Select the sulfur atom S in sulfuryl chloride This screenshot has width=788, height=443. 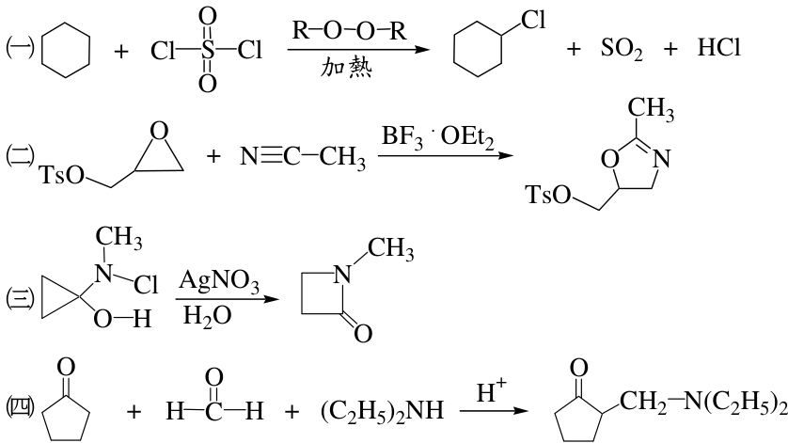point(207,50)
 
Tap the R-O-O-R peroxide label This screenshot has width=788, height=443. point(349,31)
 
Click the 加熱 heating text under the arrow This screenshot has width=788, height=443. point(347,68)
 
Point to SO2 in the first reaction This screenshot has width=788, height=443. point(622,49)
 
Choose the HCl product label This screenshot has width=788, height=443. point(718,48)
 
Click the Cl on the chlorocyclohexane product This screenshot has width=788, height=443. point(533,21)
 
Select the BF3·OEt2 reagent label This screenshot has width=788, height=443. point(437,136)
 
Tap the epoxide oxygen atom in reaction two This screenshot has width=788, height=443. point(159,132)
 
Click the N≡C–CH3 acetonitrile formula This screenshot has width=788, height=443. point(303,156)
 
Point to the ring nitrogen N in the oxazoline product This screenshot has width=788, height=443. point(662,159)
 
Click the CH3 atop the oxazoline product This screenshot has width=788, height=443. point(651,108)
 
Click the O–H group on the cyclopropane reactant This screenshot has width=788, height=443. point(122,319)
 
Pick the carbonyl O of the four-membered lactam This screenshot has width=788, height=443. point(363,333)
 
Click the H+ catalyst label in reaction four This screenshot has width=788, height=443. point(491,390)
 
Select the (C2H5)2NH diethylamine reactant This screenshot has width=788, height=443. point(383,411)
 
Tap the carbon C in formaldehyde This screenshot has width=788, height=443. point(213,412)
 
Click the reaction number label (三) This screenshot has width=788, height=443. point(20,298)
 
